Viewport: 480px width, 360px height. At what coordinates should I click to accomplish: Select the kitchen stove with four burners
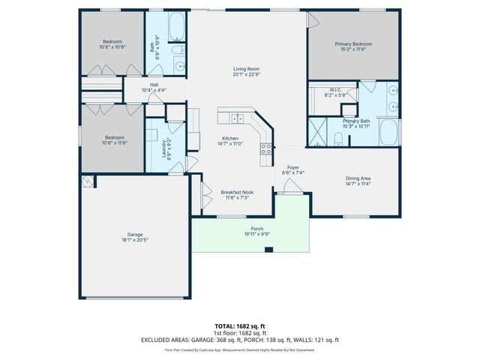click(265, 148)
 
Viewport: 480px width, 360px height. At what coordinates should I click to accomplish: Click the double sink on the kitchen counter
click(238, 118)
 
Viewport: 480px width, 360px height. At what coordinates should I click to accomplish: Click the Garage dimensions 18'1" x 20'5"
click(135, 241)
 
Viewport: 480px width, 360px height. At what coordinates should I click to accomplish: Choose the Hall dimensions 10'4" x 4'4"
click(153, 90)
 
